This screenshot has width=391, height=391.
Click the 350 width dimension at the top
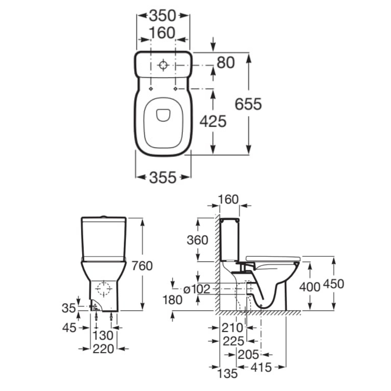click(163, 16)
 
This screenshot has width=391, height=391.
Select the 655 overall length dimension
click(249, 104)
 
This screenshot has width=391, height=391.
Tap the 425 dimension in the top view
click(212, 121)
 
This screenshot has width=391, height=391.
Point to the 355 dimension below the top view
click(163, 177)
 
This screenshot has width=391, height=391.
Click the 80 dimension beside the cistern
click(226, 63)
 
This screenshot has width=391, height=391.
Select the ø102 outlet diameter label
click(196, 289)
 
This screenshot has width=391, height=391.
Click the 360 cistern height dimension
click(197, 240)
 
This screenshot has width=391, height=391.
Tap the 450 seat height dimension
click(334, 284)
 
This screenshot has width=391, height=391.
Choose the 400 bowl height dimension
click(310, 286)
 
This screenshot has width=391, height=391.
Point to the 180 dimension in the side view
click(173, 300)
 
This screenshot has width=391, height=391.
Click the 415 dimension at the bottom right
click(261, 367)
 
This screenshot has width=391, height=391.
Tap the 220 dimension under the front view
click(103, 349)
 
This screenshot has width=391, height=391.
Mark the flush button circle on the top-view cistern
click(163, 65)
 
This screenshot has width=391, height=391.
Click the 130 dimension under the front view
click(103, 335)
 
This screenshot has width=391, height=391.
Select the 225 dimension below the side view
click(233, 341)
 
